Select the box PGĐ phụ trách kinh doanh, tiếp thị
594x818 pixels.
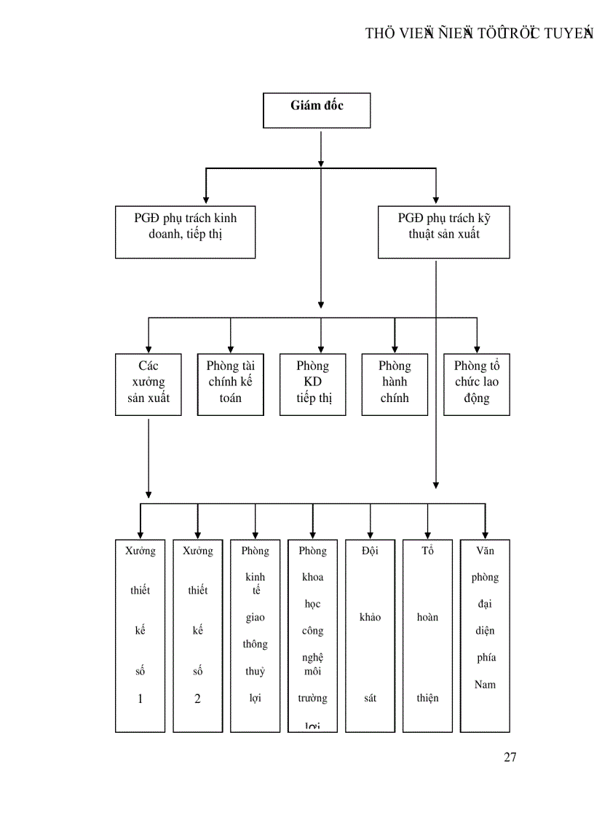click(185, 232)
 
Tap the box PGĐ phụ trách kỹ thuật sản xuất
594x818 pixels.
click(443, 232)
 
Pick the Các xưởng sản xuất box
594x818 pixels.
click(148, 384)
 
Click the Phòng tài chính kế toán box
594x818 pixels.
click(230, 384)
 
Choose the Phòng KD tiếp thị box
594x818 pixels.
click(312, 384)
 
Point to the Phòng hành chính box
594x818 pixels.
click(395, 384)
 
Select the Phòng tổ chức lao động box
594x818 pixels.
click(477, 384)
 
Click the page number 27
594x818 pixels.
click(510, 758)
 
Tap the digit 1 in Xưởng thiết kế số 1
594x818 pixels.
click(140, 699)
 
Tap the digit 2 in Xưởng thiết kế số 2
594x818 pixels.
click(197, 699)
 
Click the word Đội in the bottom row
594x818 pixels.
click(370, 551)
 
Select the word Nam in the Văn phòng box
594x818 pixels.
click(485, 685)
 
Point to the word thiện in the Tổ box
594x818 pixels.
click(427, 699)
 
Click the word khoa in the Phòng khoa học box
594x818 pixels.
click(312, 578)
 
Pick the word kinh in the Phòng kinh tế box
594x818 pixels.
click(255, 578)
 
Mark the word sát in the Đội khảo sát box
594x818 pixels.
click(370, 699)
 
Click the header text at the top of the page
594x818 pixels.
click(479, 34)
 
